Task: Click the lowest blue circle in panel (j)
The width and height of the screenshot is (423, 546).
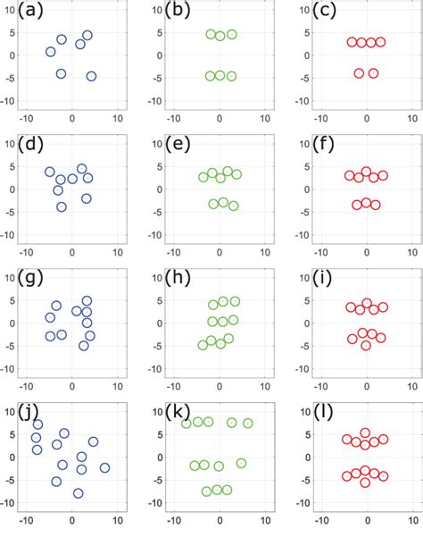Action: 79,493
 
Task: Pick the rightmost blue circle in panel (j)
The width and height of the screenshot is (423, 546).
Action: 104,467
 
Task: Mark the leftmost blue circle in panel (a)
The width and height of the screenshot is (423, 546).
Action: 51,52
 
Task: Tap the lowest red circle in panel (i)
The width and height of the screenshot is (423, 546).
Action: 366,345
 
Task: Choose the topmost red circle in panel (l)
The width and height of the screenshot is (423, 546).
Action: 366,433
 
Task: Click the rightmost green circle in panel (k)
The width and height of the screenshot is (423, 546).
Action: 248,424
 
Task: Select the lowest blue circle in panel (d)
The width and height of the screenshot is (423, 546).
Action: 62,206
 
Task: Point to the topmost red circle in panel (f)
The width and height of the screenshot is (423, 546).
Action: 366,172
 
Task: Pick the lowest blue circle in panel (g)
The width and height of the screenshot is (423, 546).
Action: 84,345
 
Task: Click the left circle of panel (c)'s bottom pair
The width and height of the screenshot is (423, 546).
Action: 359,73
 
